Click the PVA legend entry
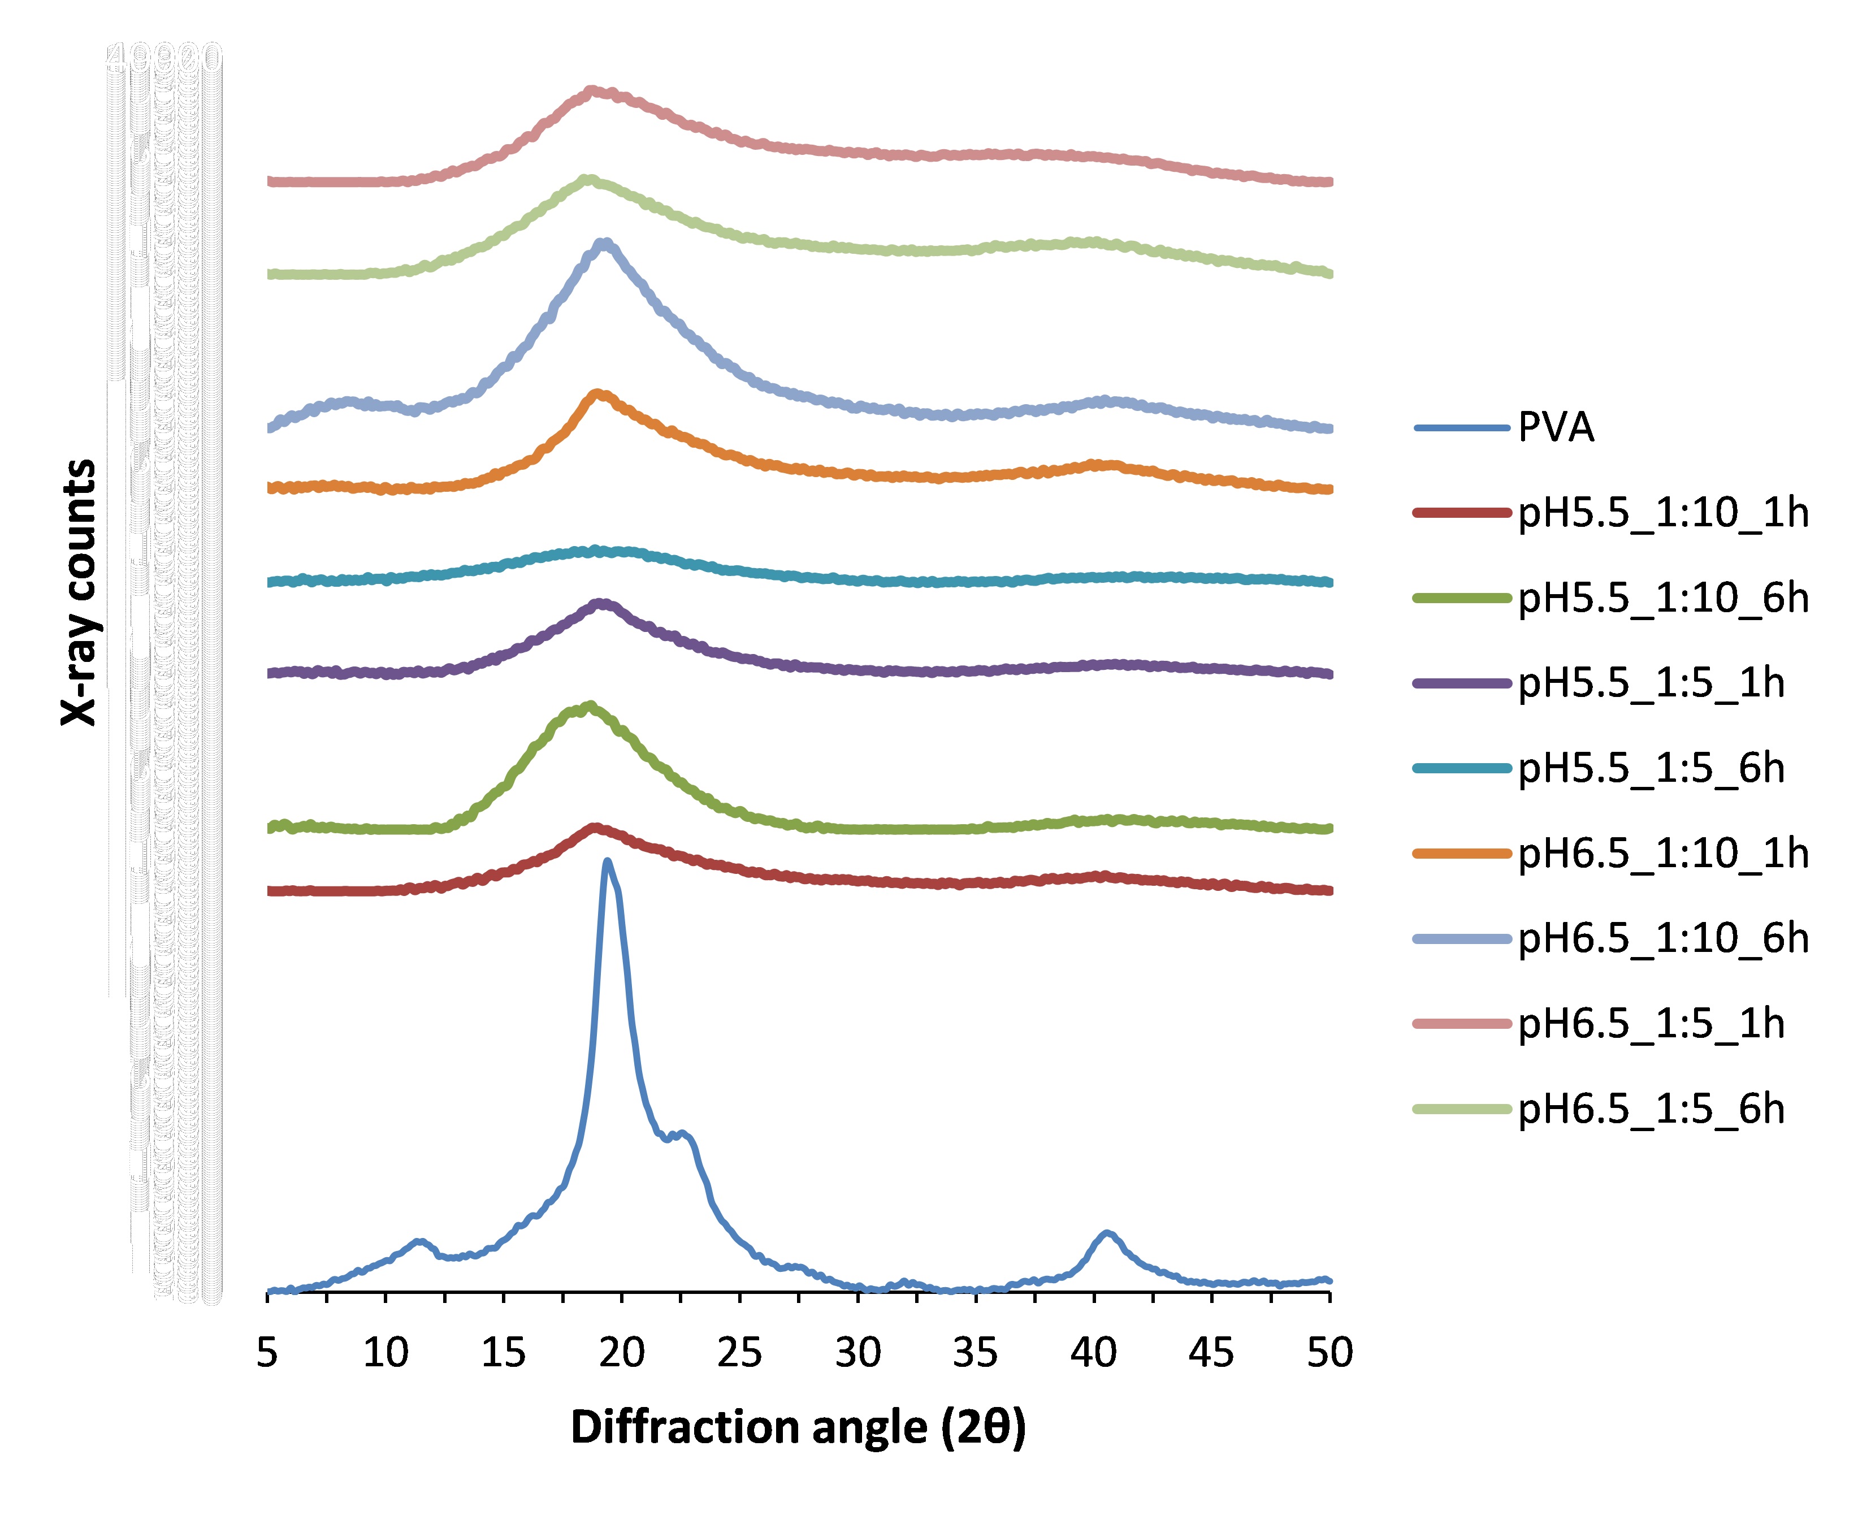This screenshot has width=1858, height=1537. [x=1556, y=428]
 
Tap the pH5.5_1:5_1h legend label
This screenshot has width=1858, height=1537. [x=1651, y=683]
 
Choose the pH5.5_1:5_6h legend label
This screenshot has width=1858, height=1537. [x=1651, y=768]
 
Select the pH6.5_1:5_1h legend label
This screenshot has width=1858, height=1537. [x=1651, y=1024]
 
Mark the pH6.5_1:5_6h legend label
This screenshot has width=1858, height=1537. [x=1651, y=1109]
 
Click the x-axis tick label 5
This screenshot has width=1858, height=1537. [x=267, y=1353]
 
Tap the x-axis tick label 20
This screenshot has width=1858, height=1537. [x=621, y=1353]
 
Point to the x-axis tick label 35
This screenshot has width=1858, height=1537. [x=975, y=1353]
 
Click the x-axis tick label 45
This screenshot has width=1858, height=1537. [x=1211, y=1353]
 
